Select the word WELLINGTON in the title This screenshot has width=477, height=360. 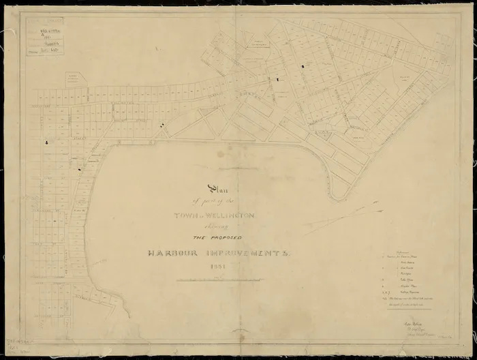pyautogui.click(x=234, y=215)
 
